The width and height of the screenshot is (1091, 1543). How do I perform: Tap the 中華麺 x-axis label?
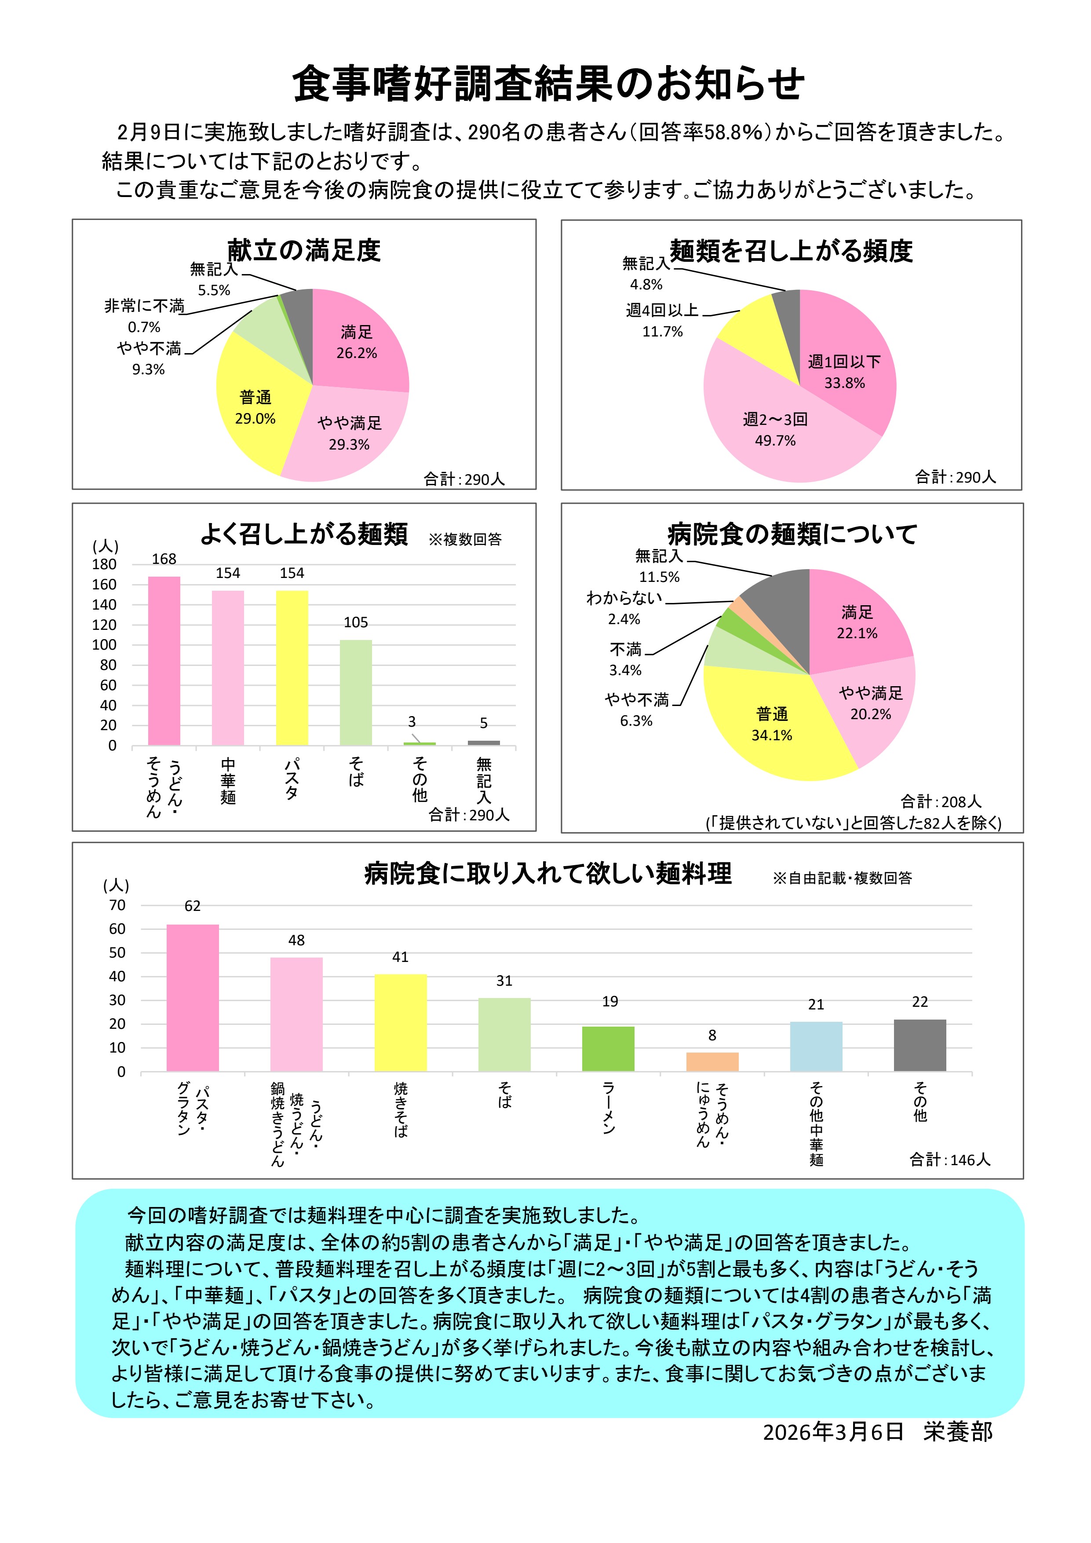click(x=228, y=781)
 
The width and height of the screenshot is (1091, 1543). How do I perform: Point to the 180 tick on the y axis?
click(x=104, y=564)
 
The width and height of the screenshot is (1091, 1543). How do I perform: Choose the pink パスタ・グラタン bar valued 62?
click(x=192, y=998)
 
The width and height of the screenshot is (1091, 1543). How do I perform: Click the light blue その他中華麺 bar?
click(x=816, y=1046)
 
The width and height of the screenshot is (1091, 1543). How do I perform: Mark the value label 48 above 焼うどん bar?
click(x=296, y=940)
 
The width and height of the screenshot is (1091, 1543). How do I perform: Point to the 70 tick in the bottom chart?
click(x=117, y=905)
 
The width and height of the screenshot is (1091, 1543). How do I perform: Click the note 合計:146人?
click(x=949, y=1159)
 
